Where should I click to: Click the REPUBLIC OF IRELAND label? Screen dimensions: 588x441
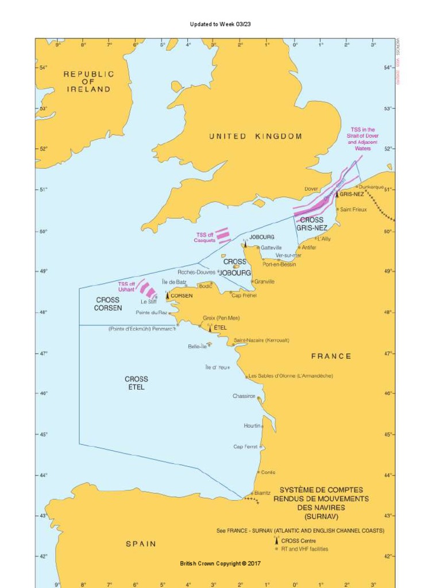tap(88, 82)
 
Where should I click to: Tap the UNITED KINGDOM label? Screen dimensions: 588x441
tap(255, 137)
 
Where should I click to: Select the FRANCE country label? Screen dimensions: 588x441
tap(331, 356)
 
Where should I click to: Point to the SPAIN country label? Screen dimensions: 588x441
tap(141, 544)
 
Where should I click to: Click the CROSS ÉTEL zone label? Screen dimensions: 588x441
tap(136, 383)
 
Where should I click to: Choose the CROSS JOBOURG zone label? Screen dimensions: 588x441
tap(235, 267)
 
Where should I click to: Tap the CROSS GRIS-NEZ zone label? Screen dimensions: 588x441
tap(312, 224)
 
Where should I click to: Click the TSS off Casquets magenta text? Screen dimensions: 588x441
tap(204, 238)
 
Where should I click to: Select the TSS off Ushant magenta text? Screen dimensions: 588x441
tap(126, 287)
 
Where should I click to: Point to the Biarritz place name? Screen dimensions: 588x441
tap(262, 493)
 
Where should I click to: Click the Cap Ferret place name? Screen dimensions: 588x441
tap(245, 447)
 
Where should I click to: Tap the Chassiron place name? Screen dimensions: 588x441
tap(244, 396)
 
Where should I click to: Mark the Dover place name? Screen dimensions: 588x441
tap(311, 188)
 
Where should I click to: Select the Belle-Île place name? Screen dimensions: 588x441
tap(197, 346)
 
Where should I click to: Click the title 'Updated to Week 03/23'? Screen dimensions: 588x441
tap(220, 24)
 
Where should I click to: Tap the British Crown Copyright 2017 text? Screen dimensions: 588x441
tap(220, 563)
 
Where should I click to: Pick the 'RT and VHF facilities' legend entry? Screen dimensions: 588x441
tap(304, 549)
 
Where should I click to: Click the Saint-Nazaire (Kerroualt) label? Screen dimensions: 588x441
tap(261, 340)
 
